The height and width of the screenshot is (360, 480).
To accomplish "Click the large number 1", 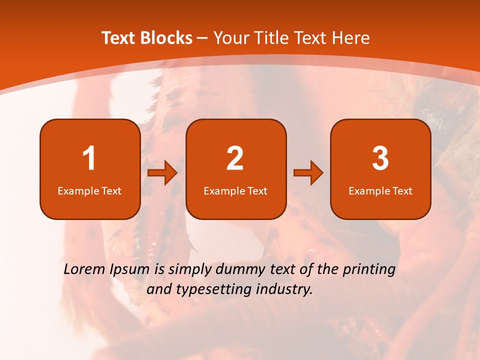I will coord(89,158).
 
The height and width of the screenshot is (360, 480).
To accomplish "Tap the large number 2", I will coord(235,158).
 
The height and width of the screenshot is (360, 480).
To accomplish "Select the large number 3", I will coord(380,158).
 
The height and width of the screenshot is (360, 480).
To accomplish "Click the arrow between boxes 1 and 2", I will coord(162,173).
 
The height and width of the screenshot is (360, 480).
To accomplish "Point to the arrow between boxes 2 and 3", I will coord(308,173).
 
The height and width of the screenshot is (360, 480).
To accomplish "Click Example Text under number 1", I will coord(89,190).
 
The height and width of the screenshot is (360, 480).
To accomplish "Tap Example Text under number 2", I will coord(235,190).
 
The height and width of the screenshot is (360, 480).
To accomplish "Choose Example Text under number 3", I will coord(380,190).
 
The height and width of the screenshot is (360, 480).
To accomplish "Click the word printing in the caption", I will coord(369,270).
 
